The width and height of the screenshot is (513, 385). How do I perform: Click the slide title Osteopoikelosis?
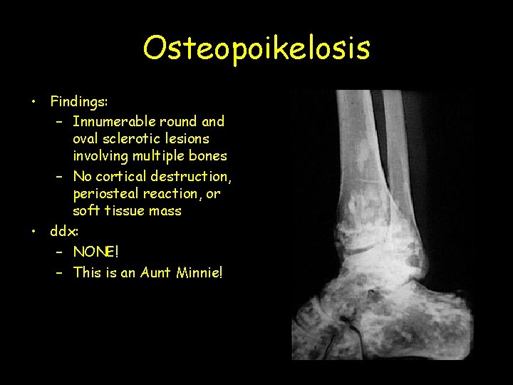[256, 48]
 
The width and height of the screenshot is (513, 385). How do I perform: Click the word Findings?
[78, 103]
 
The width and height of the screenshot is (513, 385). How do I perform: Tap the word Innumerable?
[117, 121]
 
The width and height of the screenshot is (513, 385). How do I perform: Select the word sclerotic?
[140, 139]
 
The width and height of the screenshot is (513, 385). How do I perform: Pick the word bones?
[208, 156]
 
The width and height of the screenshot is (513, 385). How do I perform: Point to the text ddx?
[64, 231]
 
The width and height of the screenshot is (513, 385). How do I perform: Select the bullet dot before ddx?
[33, 231]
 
